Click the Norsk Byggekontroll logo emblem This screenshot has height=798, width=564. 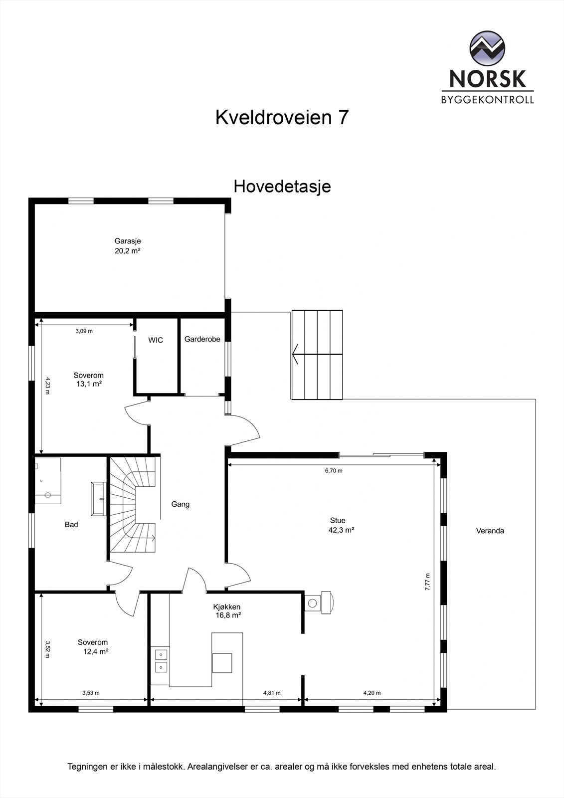click(487, 48)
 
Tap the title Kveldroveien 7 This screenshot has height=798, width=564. click(282, 118)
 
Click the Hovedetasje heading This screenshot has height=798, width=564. click(282, 187)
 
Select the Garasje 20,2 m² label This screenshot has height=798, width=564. click(128, 246)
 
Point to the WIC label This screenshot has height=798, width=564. click(156, 340)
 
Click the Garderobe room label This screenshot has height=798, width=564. click(202, 339)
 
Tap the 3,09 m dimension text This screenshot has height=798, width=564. click(84, 331)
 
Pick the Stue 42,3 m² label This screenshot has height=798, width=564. click(339, 525)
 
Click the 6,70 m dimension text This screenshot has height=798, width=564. click(334, 470)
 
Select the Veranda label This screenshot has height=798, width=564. click(490, 531)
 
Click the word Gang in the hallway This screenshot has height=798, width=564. click(181, 504)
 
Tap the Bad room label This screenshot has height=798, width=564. click(71, 524)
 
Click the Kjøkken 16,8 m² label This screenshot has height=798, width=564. click(227, 611)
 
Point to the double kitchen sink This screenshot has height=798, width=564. click(161, 660)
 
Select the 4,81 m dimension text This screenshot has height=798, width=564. click(272, 693)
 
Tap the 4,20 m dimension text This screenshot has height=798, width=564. click(372, 693)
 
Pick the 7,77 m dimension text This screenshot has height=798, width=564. click(427, 582)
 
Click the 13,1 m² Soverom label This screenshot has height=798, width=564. click(88, 380)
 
